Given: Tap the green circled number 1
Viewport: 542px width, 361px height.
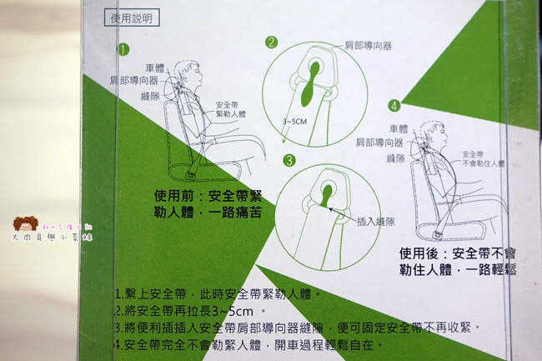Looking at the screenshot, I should point(123,49).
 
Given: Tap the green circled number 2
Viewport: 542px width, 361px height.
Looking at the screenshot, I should point(272,42).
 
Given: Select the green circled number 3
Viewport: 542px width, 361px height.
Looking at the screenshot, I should point(289,160).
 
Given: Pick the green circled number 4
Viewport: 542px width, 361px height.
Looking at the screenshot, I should point(394,105).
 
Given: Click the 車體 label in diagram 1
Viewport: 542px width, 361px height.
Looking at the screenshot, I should point(154,68).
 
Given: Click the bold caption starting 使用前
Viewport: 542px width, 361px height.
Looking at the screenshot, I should point(208,204).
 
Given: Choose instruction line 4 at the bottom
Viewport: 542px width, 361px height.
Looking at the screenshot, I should point(250,343).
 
